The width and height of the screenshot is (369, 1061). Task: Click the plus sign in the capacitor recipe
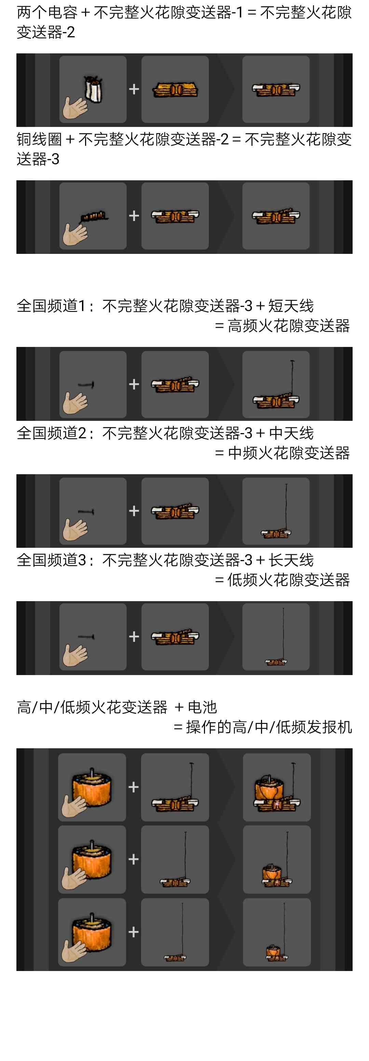pos(134,89)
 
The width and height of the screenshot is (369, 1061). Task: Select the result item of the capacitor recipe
pos(276,89)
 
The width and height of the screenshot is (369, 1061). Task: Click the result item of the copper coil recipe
pos(276,216)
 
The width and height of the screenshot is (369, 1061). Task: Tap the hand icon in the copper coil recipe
pos(75,234)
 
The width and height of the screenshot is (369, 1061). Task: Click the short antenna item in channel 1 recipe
pos(86,385)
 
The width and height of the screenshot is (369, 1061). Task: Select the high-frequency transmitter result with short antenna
pos(276,385)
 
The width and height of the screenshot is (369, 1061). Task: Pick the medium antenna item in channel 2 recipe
pos(86,512)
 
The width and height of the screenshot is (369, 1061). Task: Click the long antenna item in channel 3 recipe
pos(86,637)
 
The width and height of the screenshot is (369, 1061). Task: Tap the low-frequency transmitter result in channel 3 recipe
pos(276,637)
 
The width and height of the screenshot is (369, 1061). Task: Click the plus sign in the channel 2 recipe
pos(134,511)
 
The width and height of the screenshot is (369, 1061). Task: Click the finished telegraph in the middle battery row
pos(276,859)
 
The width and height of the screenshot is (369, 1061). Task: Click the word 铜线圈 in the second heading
pos(39,140)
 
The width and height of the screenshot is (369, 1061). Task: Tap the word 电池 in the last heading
pos(202,707)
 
